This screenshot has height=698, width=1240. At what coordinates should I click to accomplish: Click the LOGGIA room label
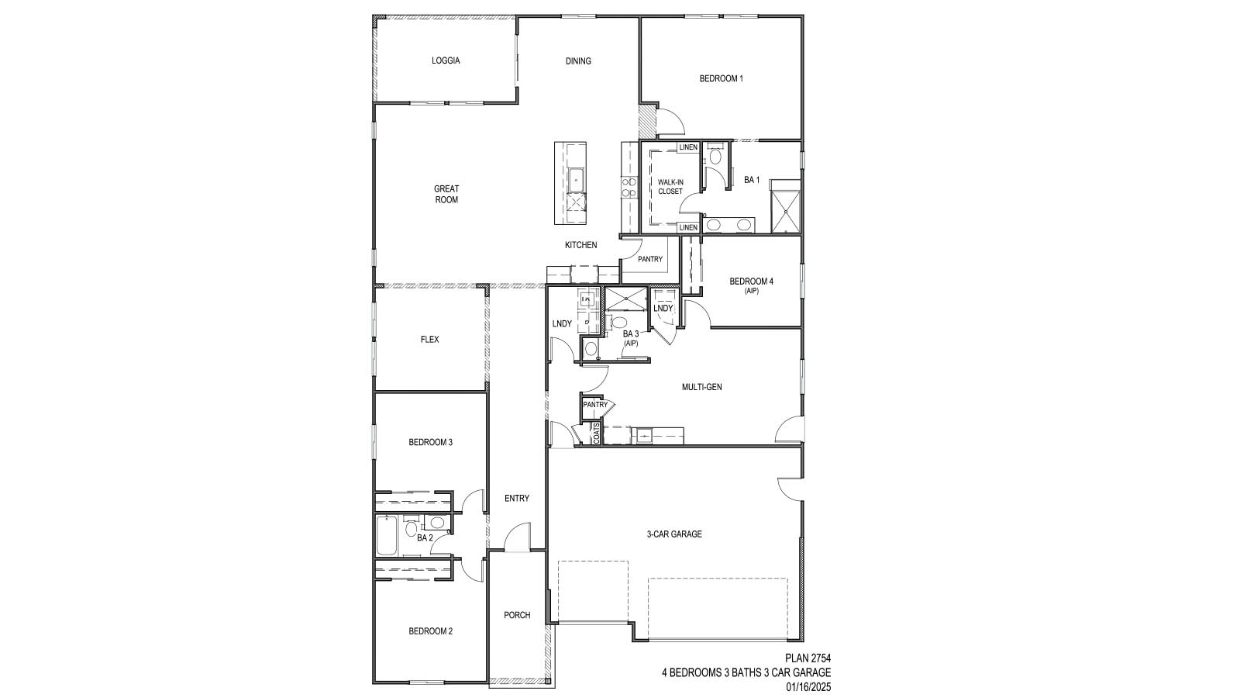click(446, 60)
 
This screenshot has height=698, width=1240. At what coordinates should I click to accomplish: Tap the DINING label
click(578, 61)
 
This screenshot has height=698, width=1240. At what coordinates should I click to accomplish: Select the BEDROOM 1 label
click(721, 78)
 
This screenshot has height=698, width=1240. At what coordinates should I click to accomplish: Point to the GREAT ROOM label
click(446, 194)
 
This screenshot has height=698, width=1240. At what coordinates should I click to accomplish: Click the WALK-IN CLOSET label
click(670, 187)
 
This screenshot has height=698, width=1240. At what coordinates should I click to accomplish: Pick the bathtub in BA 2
click(386, 536)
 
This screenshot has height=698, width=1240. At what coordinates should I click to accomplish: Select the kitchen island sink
click(576, 180)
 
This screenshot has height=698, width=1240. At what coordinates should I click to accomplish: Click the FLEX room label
click(429, 340)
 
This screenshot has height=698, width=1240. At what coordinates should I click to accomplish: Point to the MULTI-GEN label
click(701, 387)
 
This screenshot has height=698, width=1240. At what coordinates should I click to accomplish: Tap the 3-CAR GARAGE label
click(674, 534)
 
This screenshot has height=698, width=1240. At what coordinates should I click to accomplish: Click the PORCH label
click(517, 615)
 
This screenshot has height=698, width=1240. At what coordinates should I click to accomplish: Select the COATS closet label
click(596, 434)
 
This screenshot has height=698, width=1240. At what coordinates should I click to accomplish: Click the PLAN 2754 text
click(808, 658)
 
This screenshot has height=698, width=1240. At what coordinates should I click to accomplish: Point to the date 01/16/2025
click(808, 686)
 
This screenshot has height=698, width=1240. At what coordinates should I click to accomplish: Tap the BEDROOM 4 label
click(751, 282)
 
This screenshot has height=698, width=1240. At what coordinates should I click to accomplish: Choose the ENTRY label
click(516, 498)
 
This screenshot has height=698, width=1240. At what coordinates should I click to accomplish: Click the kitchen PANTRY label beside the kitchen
click(650, 259)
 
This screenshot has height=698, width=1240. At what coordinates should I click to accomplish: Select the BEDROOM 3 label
click(430, 443)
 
